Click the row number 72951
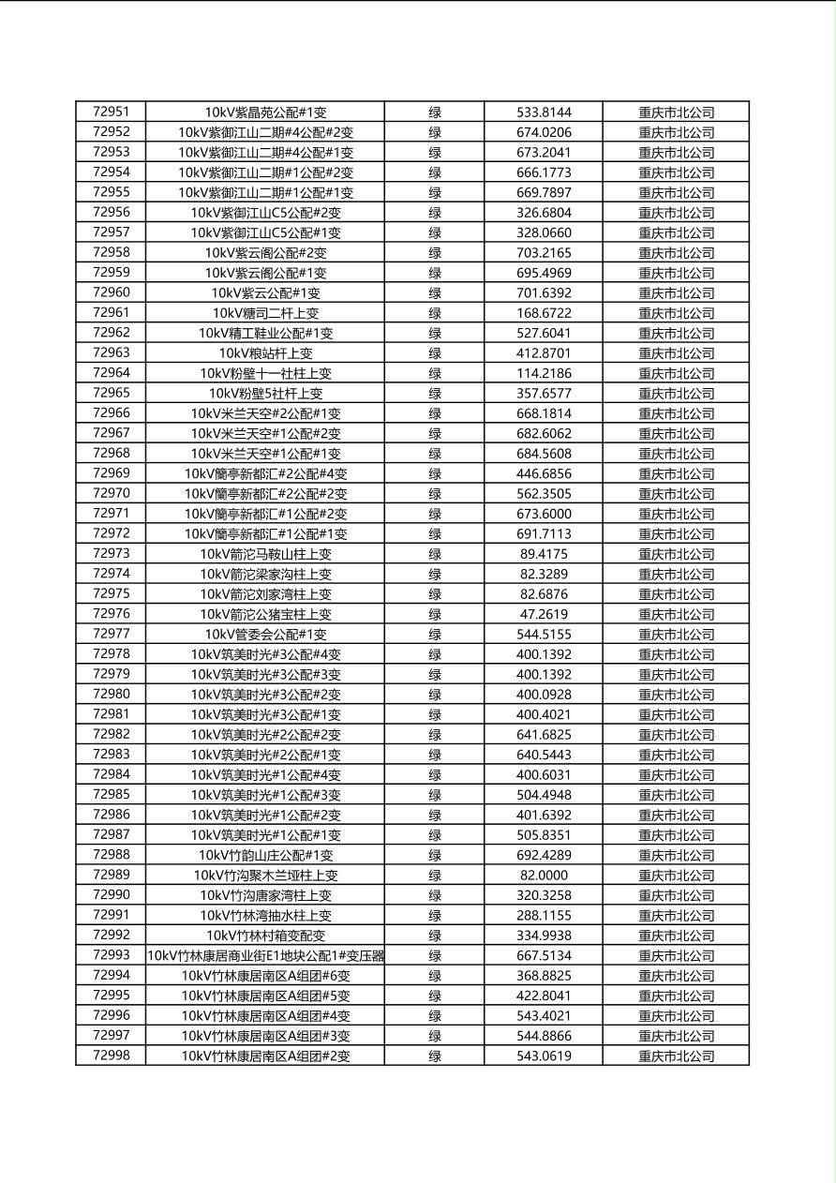click(x=111, y=112)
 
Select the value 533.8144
click(x=544, y=112)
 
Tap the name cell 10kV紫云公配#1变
click(x=265, y=292)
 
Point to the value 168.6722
click(x=544, y=313)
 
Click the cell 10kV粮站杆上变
click(x=265, y=353)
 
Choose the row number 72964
click(x=111, y=373)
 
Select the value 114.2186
click(x=544, y=373)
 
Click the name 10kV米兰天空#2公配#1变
click(x=265, y=413)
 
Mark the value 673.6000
click(x=544, y=514)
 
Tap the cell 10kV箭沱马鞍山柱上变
click(x=265, y=554)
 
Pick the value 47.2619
click(x=544, y=614)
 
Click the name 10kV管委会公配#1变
click(x=265, y=635)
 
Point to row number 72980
click(x=111, y=695)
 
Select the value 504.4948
click(x=544, y=795)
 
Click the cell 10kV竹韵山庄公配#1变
click(x=265, y=855)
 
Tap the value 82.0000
click(x=544, y=876)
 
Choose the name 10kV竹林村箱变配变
click(x=265, y=936)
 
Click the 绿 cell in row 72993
click(x=435, y=956)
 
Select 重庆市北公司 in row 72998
click(x=676, y=1056)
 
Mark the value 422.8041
click(x=544, y=996)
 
